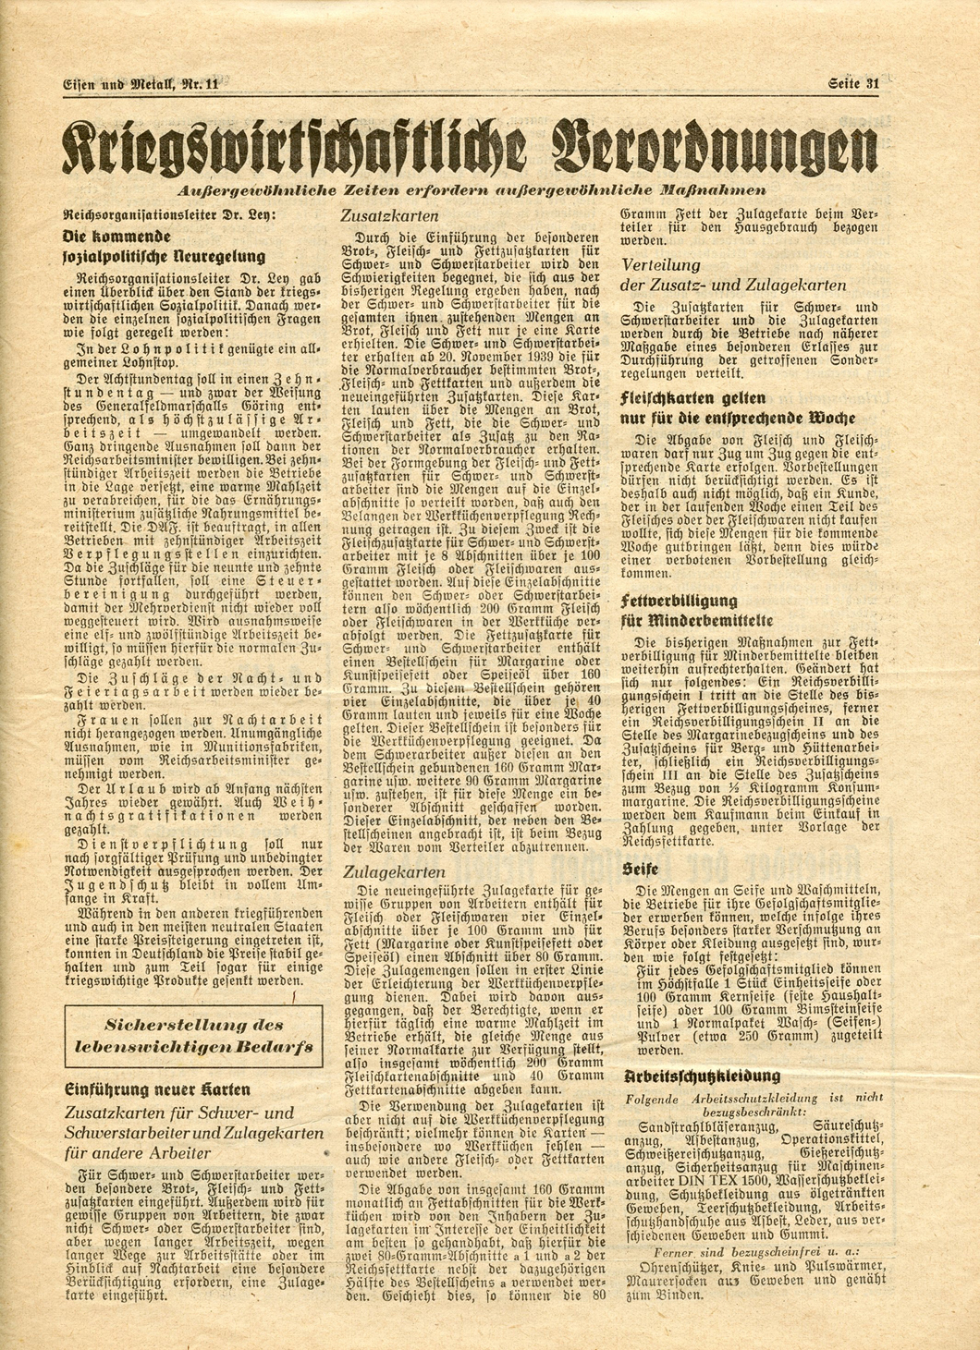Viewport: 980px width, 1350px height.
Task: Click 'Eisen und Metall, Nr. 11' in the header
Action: coord(141,84)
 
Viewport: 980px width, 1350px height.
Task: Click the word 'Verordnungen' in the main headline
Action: coord(711,146)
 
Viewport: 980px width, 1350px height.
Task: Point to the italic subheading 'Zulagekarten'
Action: coord(394,871)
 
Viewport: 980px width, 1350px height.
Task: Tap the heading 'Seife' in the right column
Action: coord(640,869)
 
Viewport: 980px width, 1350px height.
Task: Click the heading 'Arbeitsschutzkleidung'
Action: coord(702,1076)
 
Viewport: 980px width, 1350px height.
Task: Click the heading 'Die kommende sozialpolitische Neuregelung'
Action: coord(162,245)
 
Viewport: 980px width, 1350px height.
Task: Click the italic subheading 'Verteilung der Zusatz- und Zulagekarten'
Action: coord(733,275)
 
